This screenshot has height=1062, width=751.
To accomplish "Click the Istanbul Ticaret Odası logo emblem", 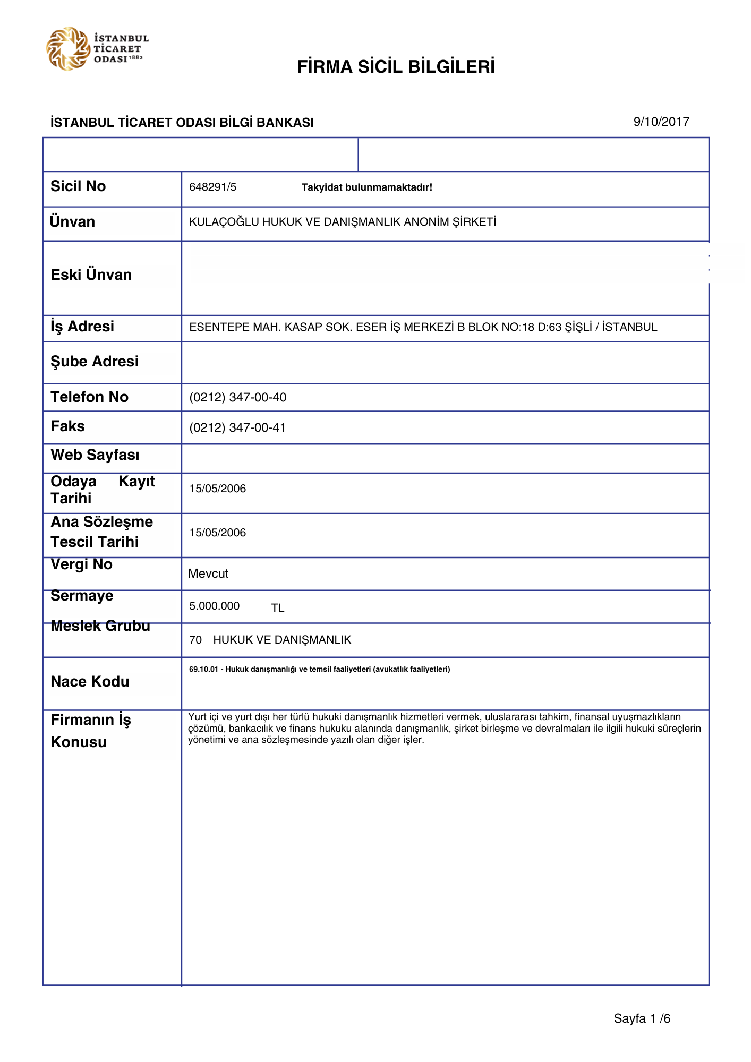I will (68, 48).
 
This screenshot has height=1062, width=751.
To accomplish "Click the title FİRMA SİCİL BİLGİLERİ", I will (396, 67).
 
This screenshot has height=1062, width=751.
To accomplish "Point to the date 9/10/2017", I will (661, 122).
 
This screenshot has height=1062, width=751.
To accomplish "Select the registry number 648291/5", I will (212, 187).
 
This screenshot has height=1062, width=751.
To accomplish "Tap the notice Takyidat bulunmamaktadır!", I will (366, 187).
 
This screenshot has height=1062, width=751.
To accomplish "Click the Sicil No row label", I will (78, 186).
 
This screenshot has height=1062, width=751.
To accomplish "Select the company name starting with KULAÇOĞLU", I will (343, 222).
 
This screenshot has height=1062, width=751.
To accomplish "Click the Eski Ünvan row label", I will (91, 275).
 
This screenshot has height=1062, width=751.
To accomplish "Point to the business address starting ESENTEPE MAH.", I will (423, 327).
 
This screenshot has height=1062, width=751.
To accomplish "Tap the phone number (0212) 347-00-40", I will (237, 397).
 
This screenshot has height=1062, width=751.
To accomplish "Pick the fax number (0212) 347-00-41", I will (237, 427).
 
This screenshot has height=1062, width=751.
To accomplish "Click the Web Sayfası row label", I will (95, 455).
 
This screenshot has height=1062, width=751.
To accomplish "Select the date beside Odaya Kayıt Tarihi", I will (217, 489).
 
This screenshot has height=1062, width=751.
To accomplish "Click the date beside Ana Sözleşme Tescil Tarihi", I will (217, 533).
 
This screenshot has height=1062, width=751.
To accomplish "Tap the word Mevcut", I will (208, 573).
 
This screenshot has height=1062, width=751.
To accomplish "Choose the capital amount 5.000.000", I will (214, 606).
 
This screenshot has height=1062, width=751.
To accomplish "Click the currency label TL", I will (278, 608).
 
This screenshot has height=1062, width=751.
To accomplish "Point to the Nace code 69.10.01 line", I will (319, 669).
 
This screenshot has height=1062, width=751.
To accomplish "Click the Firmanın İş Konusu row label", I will (90, 731).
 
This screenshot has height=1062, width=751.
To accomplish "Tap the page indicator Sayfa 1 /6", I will (642, 1018).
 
